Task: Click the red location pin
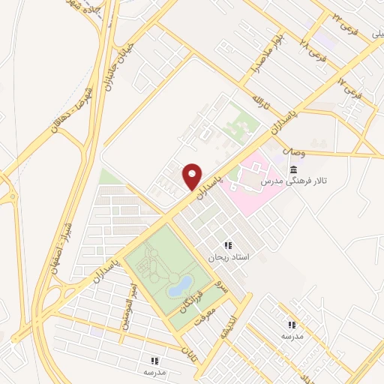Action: [193, 175]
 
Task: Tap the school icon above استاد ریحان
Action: [228, 245]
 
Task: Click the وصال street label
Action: [293, 151]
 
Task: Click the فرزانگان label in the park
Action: [188, 300]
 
